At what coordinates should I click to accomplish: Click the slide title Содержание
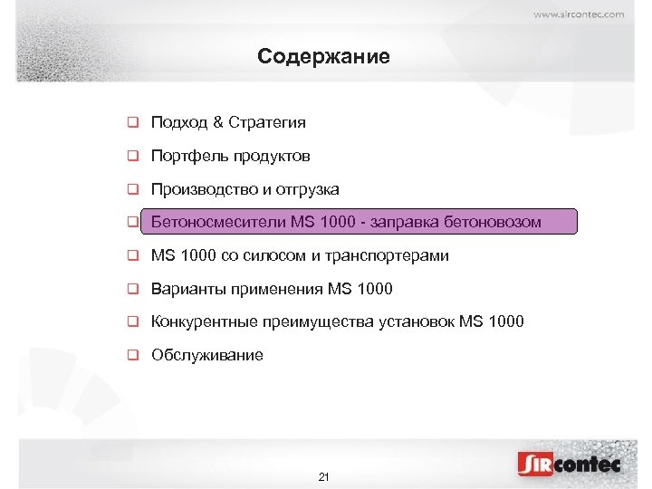(323, 57)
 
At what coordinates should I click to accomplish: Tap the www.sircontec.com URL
(579, 14)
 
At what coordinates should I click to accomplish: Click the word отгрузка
(307, 189)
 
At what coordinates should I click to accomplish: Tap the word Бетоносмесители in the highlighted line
(218, 222)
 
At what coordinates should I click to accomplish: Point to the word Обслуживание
(207, 355)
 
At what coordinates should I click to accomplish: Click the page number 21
(324, 476)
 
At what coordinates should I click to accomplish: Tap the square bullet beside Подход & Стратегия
(132, 122)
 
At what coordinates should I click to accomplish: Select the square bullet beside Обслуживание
(132, 355)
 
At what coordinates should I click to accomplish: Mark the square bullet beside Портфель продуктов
(132, 157)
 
